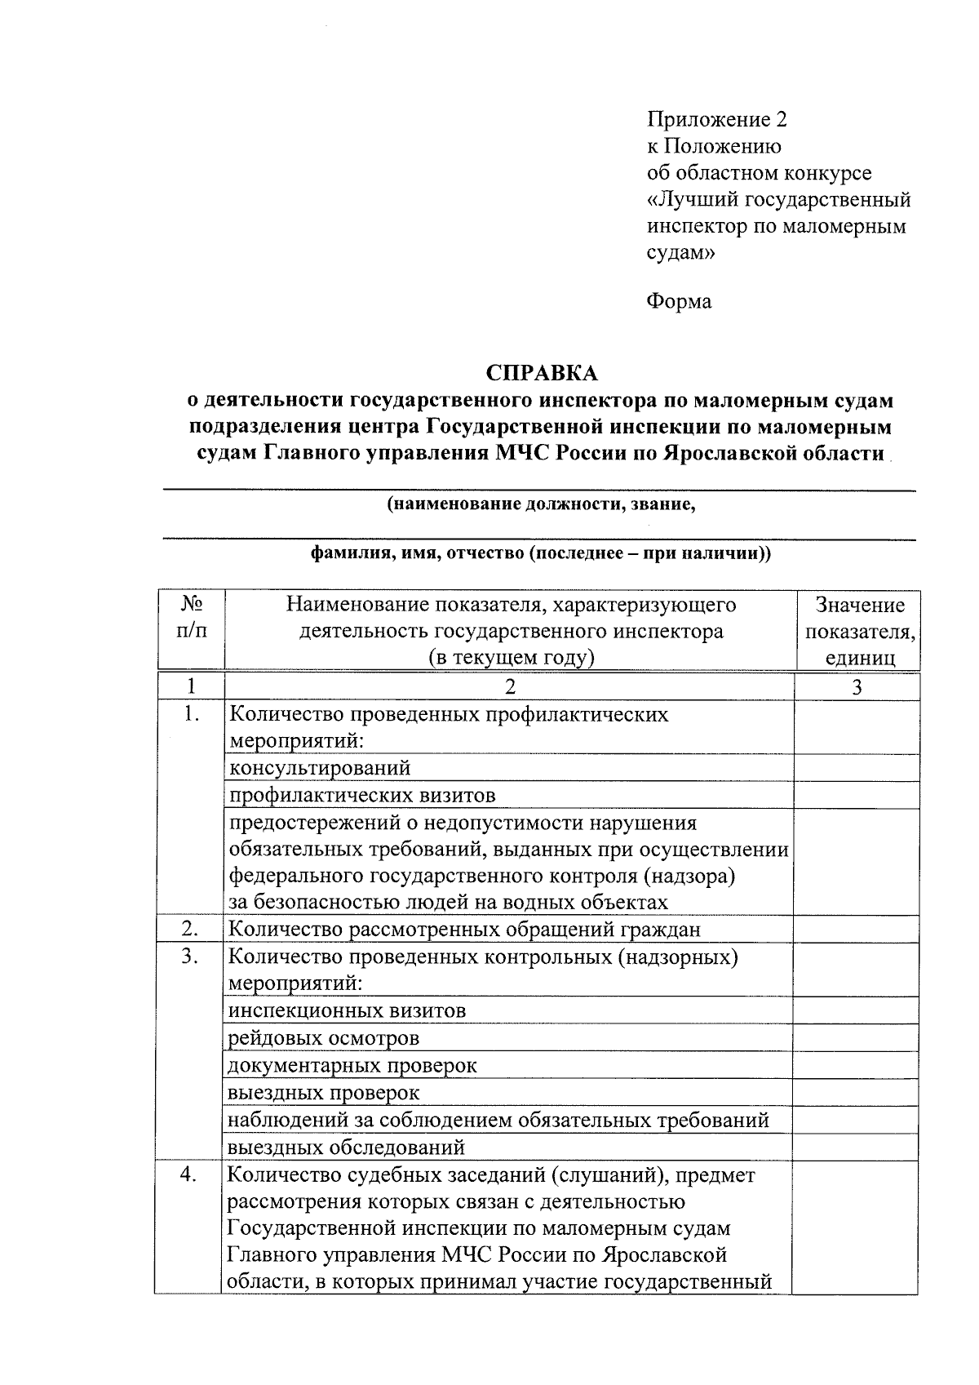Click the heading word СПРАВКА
(x=541, y=373)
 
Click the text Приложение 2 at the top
(x=717, y=120)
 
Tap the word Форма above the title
(x=679, y=301)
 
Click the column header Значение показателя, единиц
(x=859, y=630)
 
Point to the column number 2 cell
(x=510, y=686)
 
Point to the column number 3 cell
(x=857, y=686)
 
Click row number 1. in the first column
(x=191, y=714)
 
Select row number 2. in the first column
(x=191, y=929)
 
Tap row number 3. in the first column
(x=191, y=957)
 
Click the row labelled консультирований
(x=320, y=768)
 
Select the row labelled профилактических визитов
(x=362, y=795)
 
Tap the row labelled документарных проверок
(x=352, y=1065)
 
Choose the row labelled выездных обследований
(x=347, y=1147)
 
